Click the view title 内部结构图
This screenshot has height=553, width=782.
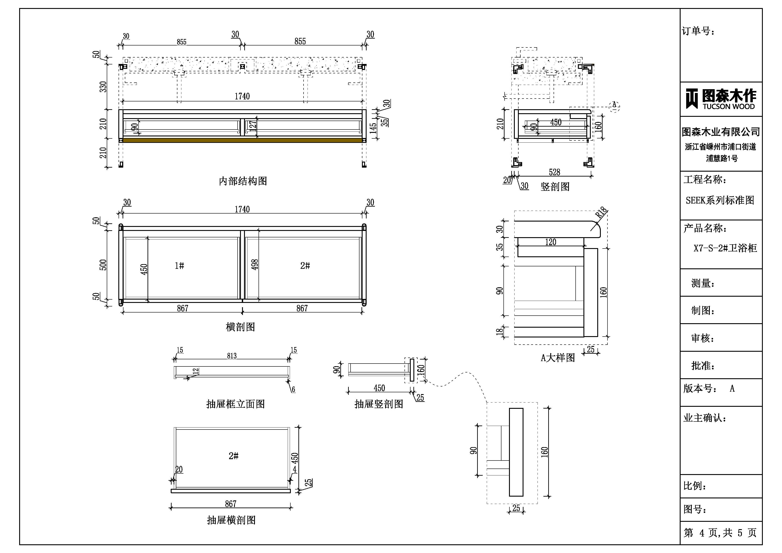pyautogui.click(x=243, y=181)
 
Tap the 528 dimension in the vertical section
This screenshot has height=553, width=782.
pyautogui.click(x=554, y=172)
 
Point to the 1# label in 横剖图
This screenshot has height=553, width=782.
pyautogui.click(x=179, y=266)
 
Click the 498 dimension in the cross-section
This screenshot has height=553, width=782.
pyautogui.click(x=255, y=265)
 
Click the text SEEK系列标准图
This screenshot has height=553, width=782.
pyautogui.click(x=720, y=200)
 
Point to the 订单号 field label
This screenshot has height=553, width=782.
pyautogui.click(x=698, y=31)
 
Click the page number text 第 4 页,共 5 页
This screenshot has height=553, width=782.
pyautogui.click(x=720, y=532)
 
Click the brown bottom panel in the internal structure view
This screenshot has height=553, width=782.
pyautogui.click(x=242, y=140)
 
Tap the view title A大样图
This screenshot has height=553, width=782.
pyautogui.click(x=558, y=358)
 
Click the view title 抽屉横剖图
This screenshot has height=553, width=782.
pyautogui.click(x=231, y=520)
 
